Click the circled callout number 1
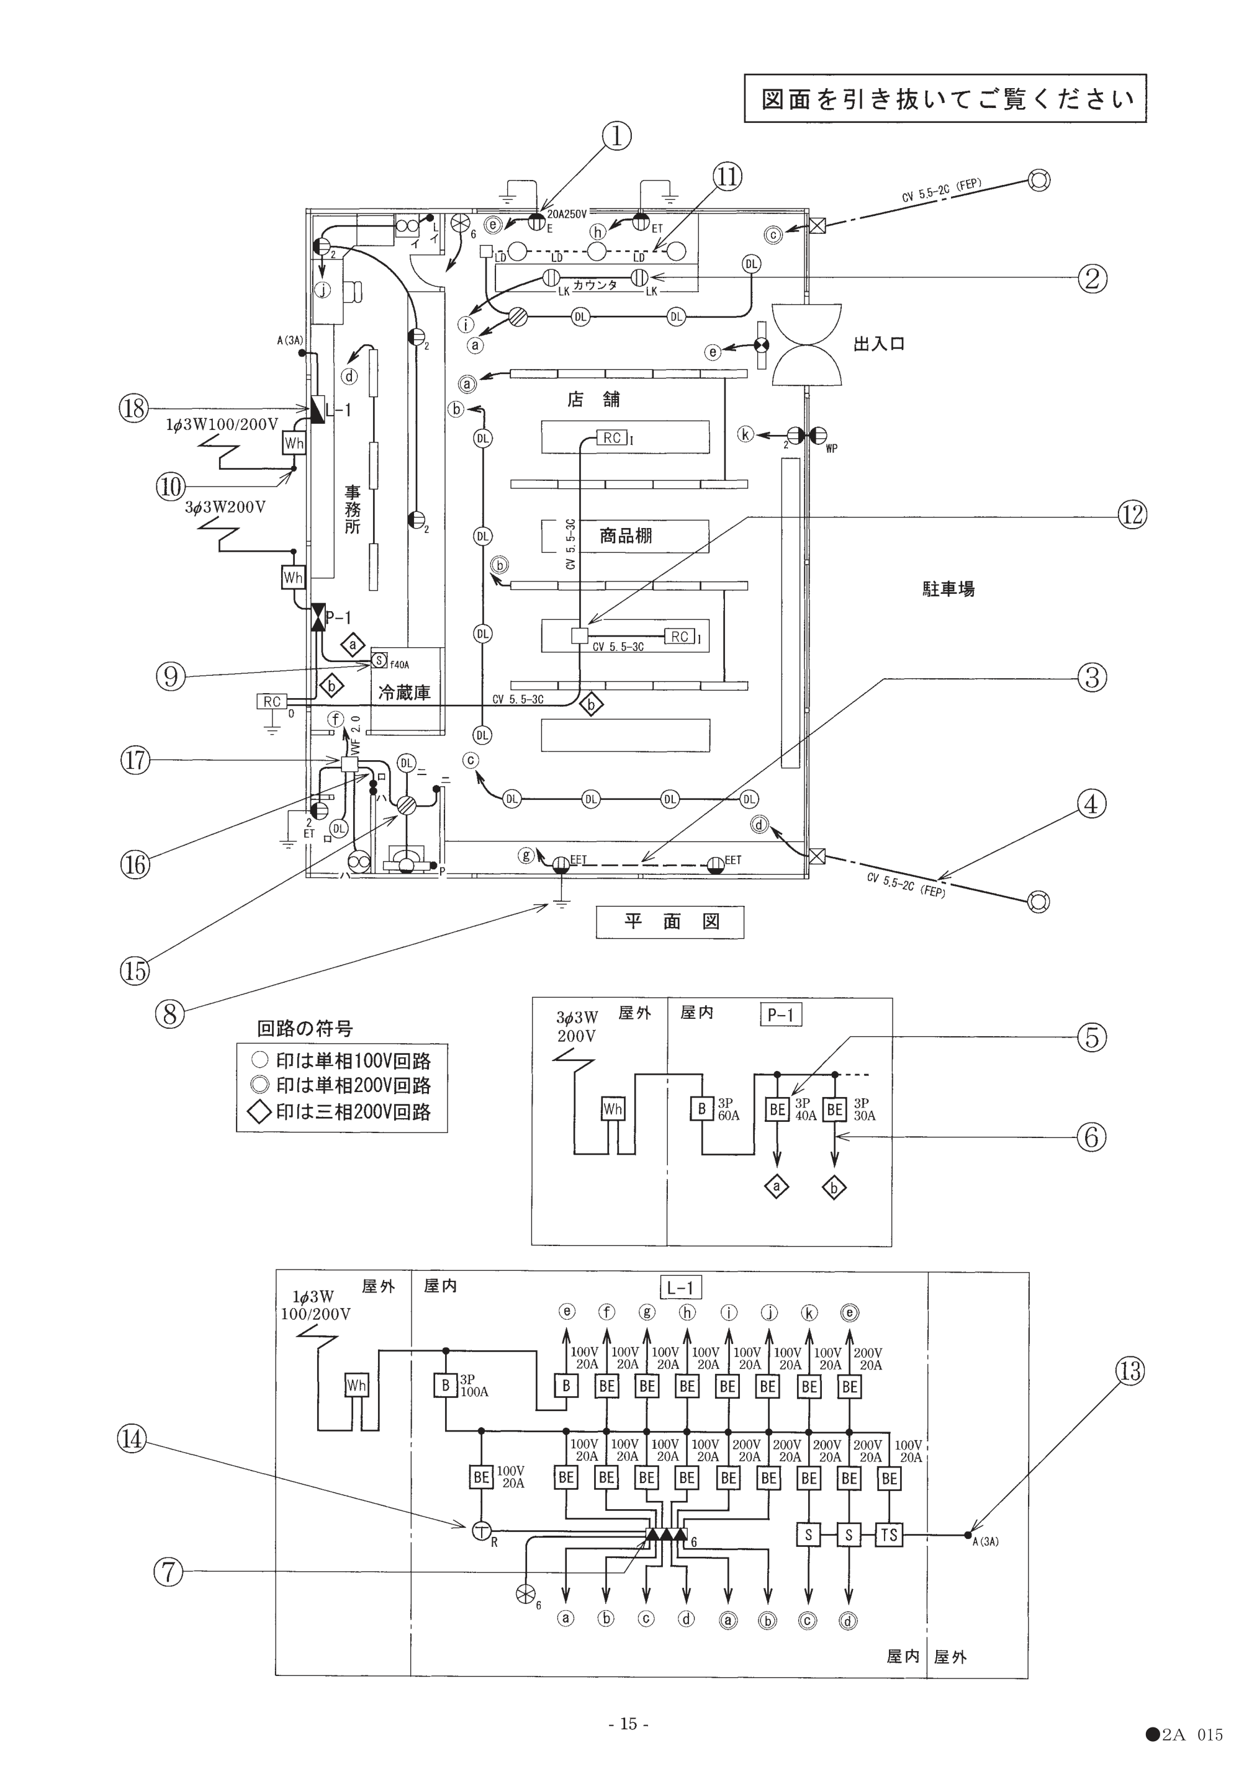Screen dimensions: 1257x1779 (616, 137)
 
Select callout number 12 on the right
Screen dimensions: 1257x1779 (1132, 514)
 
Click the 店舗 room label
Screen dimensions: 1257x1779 (593, 399)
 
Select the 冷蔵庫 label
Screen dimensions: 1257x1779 (403, 692)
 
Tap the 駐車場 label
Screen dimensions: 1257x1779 (948, 589)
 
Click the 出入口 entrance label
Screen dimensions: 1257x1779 (879, 343)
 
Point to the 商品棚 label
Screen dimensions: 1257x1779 (626, 535)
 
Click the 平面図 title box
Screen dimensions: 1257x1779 (670, 922)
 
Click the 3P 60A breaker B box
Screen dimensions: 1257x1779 (701, 1109)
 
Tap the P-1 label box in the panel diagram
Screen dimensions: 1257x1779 (780, 1015)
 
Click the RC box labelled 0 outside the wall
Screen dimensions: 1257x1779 (271, 701)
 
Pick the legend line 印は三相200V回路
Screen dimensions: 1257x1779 (341, 1113)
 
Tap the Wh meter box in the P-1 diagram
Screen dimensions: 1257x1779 (612, 1109)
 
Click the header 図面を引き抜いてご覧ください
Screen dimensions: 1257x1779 (945, 99)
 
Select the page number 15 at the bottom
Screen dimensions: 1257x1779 (628, 1723)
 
